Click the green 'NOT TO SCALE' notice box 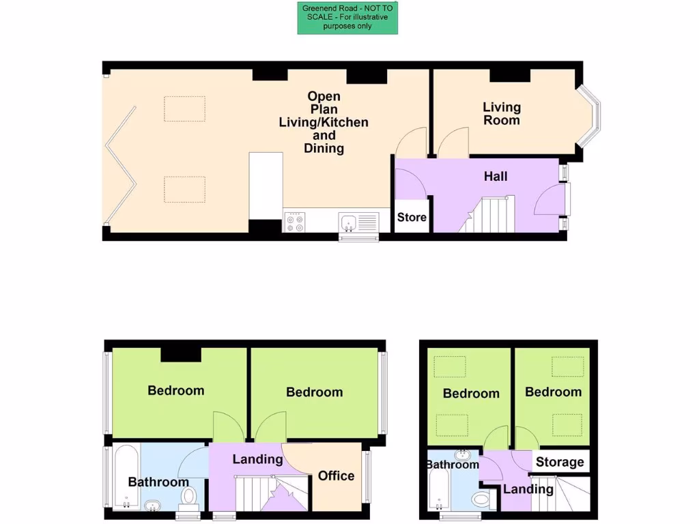[347, 18]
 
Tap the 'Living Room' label [502, 113]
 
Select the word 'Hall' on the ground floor [496, 176]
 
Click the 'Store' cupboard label [412, 217]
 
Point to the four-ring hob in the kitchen [295, 222]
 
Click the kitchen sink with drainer [358, 222]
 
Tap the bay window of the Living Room [588, 115]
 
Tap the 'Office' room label [336, 476]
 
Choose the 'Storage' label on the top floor [560, 462]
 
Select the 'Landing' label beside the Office [257, 459]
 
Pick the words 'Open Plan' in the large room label [324, 102]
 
